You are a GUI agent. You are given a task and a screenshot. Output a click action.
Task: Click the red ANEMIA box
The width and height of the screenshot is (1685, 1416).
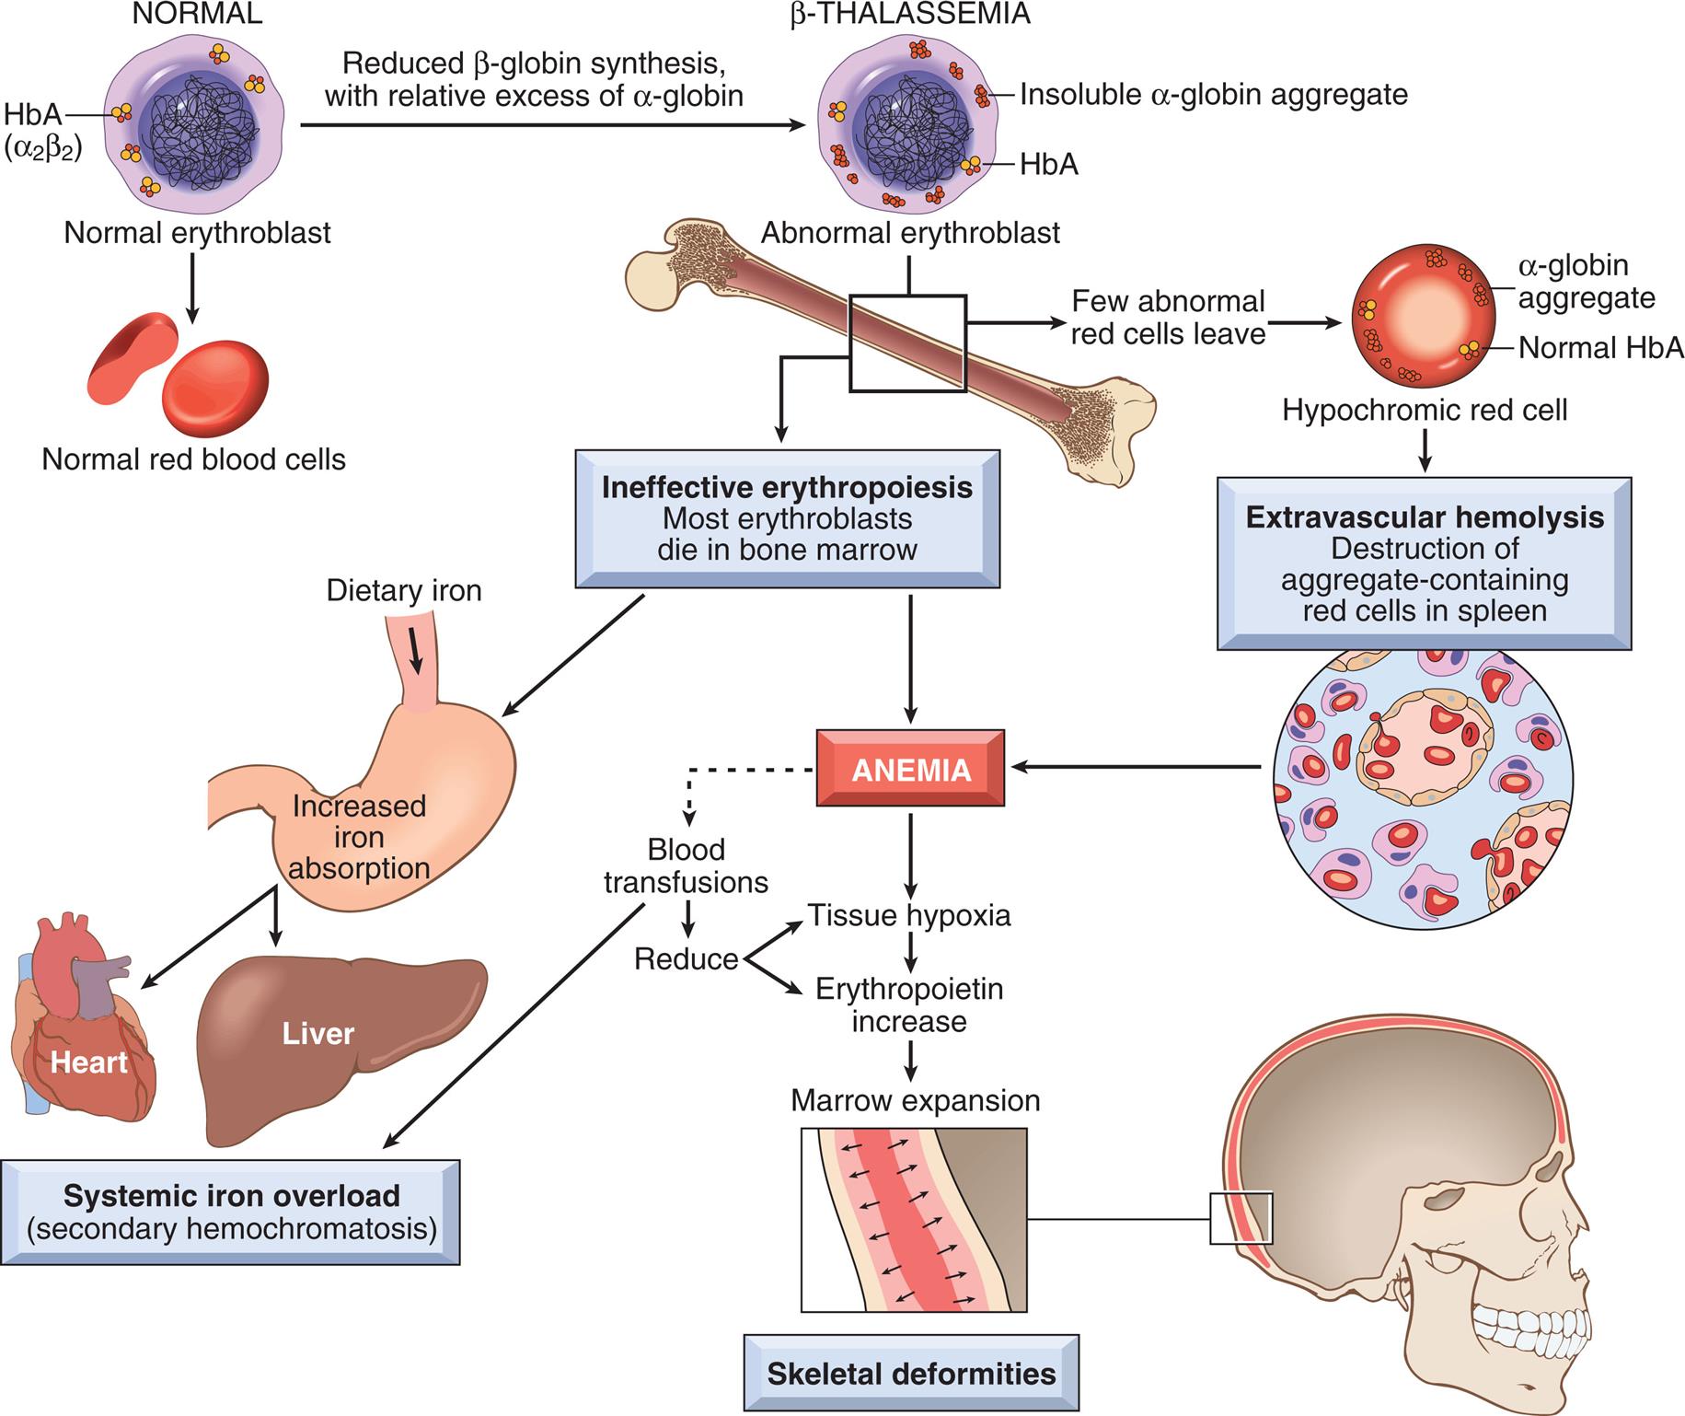click(910, 769)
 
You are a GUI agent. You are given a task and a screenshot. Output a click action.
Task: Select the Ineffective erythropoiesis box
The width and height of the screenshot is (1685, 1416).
click(787, 518)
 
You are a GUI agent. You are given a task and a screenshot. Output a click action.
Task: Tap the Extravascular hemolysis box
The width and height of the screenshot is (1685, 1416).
click(1424, 563)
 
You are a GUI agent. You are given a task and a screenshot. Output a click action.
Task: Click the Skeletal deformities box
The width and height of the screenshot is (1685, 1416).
click(911, 1374)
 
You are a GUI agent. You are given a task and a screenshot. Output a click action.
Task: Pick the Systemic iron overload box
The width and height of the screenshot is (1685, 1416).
click(230, 1212)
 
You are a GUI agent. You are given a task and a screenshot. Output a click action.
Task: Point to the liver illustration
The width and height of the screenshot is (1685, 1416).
click(340, 1040)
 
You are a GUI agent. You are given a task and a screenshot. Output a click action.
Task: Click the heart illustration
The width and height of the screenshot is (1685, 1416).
click(83, 1031)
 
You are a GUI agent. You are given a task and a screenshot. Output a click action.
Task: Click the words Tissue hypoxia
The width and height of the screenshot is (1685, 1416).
click(909, 915)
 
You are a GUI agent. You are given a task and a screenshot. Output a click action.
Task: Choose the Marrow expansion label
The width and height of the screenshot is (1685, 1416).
click(915, 1100)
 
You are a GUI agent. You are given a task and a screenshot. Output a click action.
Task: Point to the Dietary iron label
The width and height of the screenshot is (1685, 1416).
click(404, 590)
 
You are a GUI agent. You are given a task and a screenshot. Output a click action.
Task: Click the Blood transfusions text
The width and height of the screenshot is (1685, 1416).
click(686, 865)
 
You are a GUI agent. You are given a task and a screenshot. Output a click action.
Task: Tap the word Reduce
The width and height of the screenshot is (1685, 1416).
click(686, 959)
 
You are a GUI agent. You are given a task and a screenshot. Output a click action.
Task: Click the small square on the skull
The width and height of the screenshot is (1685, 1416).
click(1240, 1218)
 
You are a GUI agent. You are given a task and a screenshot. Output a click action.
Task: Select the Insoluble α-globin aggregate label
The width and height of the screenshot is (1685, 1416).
click(1213, 94)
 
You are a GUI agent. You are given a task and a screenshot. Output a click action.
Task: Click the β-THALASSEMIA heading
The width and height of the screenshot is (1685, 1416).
click(909, 14)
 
